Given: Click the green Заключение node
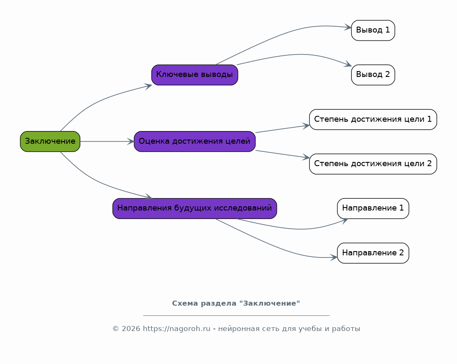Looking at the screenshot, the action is (50, 141).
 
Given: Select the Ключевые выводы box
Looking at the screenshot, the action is (195, 75).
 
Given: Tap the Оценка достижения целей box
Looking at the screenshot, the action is (195, 141).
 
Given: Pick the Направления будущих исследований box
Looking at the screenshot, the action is (195, 208).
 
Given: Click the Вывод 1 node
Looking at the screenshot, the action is (373, 30).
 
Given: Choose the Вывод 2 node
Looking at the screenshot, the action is (373, 75).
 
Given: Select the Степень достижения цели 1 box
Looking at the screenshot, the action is (373, 120).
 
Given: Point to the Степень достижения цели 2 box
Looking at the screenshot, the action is (373, 164).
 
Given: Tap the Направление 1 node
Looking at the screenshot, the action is (373, 208).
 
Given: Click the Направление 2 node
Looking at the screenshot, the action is (373, 253).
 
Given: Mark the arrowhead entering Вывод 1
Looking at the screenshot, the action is (348, 27).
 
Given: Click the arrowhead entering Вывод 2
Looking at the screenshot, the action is (349, 64).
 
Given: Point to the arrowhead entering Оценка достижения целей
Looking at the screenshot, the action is (131, 141).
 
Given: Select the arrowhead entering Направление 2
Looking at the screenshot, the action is (334, 257).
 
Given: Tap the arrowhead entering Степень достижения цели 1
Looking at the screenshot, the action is (306, 126).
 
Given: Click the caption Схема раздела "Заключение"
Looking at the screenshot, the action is (236, 304).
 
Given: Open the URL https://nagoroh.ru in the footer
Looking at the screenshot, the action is (176, 329).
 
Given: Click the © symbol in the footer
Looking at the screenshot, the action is (116, 329).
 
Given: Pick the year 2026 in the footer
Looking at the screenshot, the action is (131, 329).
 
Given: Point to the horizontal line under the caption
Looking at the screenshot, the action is (236, 315).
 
